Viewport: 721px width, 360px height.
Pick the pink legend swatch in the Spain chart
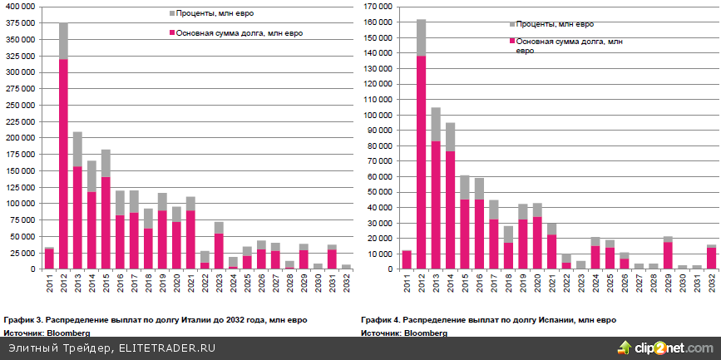coord(511,41)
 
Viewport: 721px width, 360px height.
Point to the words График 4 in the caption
coord(380,319)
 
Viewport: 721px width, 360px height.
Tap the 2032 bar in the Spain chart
coord(711,258)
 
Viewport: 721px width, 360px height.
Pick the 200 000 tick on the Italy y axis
coord(19,138)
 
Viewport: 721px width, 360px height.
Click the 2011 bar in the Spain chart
coord(407,259)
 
